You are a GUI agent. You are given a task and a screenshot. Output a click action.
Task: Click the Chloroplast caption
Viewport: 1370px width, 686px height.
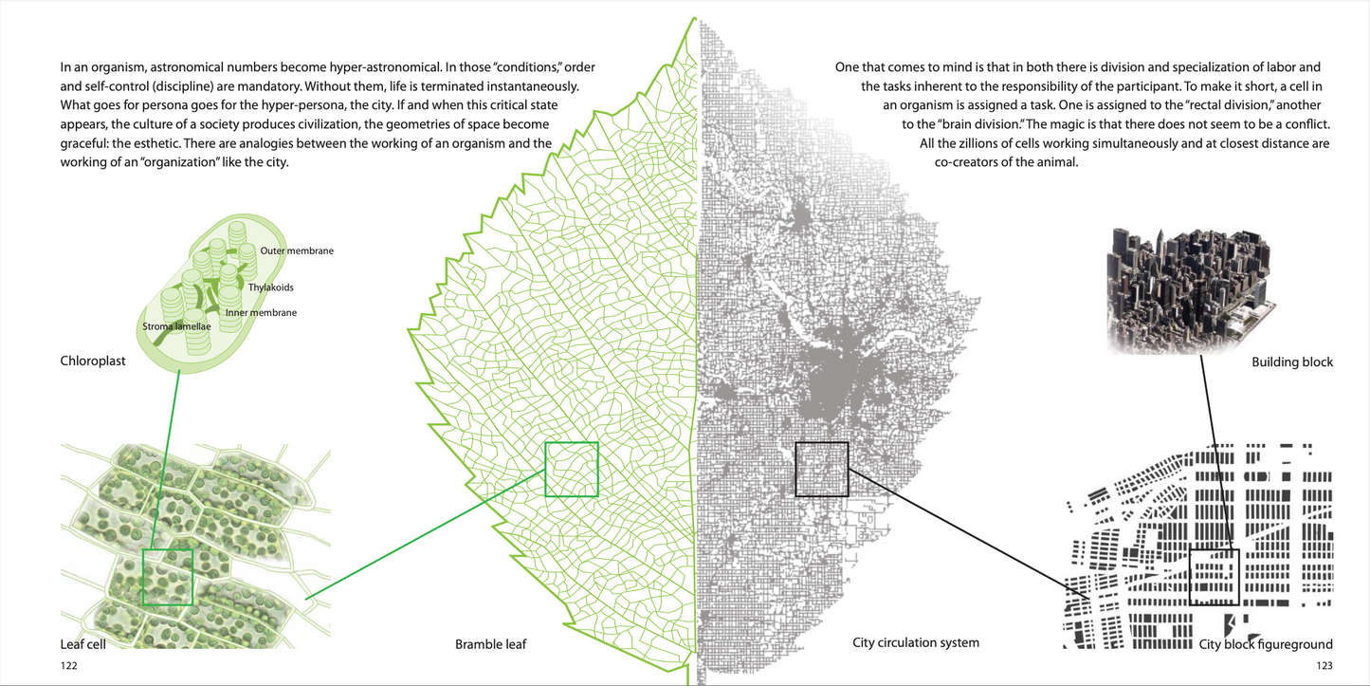93,361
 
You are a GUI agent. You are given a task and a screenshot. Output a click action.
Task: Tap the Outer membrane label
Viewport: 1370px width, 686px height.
297,250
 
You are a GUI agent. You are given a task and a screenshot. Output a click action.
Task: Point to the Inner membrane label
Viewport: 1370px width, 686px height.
261,312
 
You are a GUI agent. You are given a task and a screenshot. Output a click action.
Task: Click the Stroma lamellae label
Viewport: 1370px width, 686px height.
174,327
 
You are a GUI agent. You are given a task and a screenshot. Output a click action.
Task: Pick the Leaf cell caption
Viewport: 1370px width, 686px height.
82,644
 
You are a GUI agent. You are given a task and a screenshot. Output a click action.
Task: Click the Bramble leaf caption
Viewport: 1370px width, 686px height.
490,644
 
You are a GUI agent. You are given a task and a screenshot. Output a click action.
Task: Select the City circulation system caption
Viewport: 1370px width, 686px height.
916,642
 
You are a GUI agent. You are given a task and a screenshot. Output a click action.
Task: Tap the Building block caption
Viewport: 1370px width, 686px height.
1292,362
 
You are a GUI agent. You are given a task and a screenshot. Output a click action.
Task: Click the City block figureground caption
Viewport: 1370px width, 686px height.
1266,644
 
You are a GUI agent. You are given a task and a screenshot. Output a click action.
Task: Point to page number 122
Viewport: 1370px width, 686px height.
68,666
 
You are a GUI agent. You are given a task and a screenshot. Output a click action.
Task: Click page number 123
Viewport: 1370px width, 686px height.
1324,666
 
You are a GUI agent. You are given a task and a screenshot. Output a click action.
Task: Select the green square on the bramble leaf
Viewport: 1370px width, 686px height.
572,469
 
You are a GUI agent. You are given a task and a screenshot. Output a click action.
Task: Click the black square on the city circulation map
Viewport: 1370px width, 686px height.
821,469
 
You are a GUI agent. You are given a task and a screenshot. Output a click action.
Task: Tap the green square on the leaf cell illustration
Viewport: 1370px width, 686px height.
168,577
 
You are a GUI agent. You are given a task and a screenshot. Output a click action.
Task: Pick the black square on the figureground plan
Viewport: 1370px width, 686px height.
1215,577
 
